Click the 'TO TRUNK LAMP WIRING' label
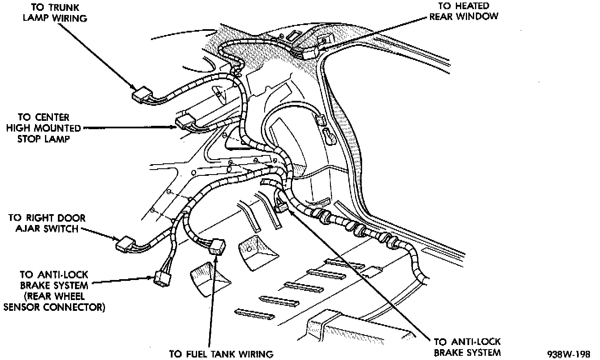click(55, 12)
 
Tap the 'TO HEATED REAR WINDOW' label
click(464, 11)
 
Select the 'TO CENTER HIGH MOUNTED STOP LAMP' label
click(43, 128)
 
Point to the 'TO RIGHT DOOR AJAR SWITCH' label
click(47, 223)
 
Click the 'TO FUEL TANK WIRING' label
click(221, 354)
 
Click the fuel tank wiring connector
click(217, 247)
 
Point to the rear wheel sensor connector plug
click(162, 279)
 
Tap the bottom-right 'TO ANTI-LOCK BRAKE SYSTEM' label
click(467, 347)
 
